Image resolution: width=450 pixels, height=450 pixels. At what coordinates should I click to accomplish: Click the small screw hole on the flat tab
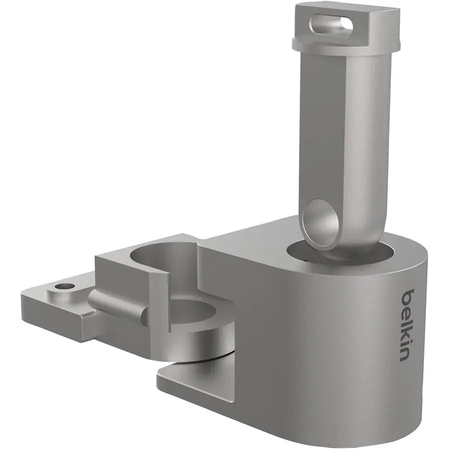pyautogui.click(x=63, y=287)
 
